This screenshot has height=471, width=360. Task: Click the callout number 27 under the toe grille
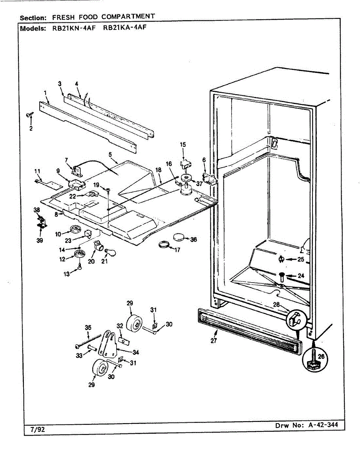(x=213, y=341)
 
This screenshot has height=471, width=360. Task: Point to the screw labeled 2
(x=29, y=115)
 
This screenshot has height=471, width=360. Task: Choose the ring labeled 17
(x=164, y=246)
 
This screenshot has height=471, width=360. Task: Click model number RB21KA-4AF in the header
(x=124, y=28)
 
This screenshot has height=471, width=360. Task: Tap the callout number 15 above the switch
(x=183, y=145)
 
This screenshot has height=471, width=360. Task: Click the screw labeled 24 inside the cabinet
(x=282, y=277)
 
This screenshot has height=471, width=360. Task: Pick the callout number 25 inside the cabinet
(x=300, y=259)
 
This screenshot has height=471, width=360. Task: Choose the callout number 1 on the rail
(x=46, y=93)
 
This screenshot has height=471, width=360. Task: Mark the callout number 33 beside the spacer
(x=79, y=355)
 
